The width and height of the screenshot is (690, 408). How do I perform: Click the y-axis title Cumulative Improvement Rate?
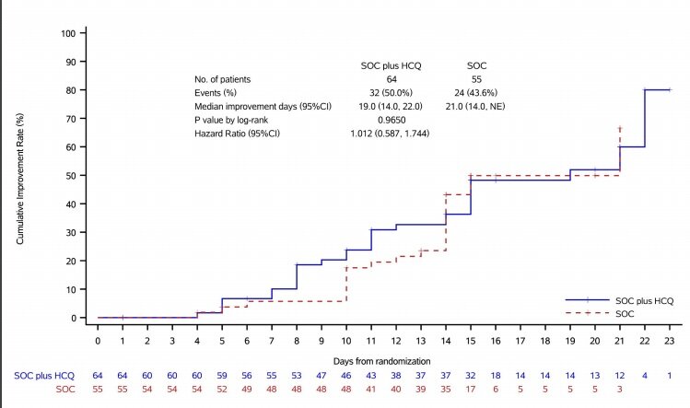click(18, 175)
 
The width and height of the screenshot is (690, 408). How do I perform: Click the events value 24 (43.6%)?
click(476, 93)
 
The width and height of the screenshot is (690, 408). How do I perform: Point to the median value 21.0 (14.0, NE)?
click(476, 107)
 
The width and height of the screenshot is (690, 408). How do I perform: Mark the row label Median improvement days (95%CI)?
click(252, 107)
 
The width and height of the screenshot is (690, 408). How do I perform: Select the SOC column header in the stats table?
click(475, 65)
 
